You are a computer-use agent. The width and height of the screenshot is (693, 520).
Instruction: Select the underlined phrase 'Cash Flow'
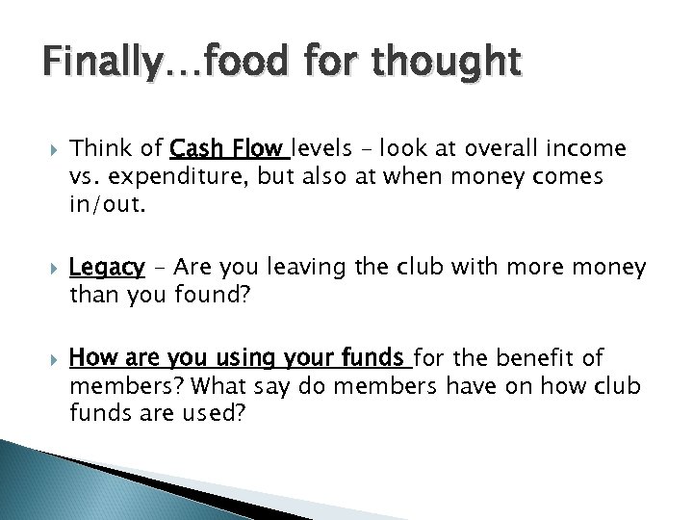click(x=227, y=148)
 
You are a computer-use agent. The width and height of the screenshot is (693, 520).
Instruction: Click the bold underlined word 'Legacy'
click(x=107, y=267)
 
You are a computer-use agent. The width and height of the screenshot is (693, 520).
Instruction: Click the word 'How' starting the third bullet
click(x=90, y=359)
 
